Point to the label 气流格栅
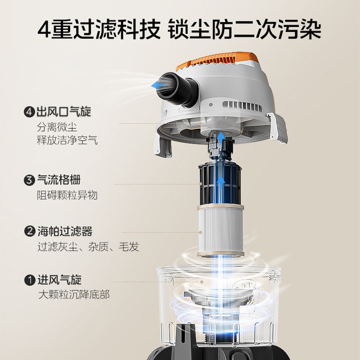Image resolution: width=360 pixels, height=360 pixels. pyautogui.click(x=59, y=180)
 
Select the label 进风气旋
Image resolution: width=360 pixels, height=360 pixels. pyautogui.click(x=59, y=278)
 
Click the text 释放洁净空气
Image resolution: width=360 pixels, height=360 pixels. pyautogui.click(x=67, y=140)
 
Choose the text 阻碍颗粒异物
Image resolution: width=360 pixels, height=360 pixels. pyautogui.click(x=67, y=195)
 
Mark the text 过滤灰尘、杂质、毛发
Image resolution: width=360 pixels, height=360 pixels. pyautogui.click(x=87, y=246)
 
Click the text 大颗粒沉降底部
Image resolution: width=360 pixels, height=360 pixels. pyautogui.click(x=74, y=294)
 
